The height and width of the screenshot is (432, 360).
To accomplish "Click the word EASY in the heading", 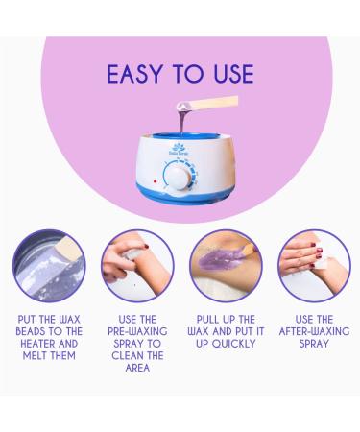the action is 134,74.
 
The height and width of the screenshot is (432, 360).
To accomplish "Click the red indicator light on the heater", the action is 156,181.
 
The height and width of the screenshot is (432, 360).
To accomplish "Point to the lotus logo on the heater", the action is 179,149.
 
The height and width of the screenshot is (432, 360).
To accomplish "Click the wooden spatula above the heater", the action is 208,104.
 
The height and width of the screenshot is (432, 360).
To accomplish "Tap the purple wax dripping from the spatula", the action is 182,120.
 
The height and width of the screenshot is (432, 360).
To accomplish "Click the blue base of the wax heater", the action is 183,193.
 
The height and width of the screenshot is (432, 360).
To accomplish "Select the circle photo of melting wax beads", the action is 49,266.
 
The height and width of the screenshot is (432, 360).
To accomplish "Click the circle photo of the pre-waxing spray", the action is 137,266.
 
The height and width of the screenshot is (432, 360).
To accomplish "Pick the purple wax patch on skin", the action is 218,260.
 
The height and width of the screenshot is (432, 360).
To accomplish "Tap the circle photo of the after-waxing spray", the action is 314,266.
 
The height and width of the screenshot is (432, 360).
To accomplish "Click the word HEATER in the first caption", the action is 37,344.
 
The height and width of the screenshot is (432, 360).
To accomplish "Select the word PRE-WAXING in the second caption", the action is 137,331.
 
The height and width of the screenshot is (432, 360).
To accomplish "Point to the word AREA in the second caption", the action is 137,368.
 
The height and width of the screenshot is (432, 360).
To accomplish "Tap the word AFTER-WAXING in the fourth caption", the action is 314,331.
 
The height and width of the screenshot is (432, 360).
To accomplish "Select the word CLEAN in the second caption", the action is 128,356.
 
